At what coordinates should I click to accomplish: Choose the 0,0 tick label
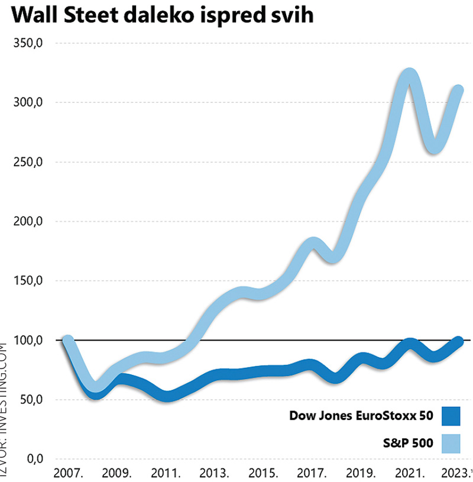tap(33, 459)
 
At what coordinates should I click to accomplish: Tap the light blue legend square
tap(451, 442)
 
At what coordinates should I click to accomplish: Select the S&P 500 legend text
tap(410, 442)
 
